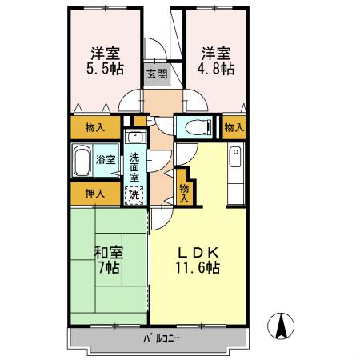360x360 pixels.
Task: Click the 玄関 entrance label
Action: coord(156,74)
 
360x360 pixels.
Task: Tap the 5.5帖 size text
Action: coord(105,70)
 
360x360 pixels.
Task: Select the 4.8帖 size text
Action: coord(217,70)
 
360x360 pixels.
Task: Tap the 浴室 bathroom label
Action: coord(106,158)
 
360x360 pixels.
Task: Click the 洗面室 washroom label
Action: coord(134,166)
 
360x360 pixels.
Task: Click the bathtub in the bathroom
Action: coord(82,162)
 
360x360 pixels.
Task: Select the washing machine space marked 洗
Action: coord(134,194)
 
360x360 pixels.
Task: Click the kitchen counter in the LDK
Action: coord(235,174)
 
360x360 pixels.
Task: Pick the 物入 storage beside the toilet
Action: coord(234,126)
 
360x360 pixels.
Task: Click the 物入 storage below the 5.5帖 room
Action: coord(95,126)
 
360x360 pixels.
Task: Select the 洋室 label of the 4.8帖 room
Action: coord(217,53)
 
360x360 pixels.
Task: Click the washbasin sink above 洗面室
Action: coord(135,137)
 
